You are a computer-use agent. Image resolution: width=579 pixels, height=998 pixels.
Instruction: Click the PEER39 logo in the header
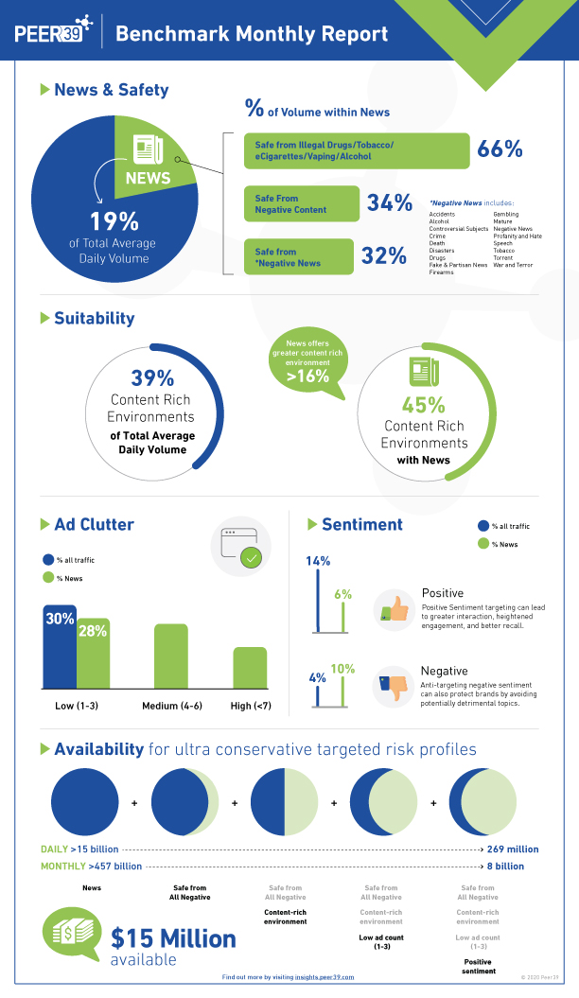[53, 32]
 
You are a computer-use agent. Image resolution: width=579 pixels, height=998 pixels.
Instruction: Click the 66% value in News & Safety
[500, 149]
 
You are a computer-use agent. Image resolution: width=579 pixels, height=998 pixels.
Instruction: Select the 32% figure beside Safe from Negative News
[384, 255]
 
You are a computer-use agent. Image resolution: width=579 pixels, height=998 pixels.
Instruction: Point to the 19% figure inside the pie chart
[114, 221]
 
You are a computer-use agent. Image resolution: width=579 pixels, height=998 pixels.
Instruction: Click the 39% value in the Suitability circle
[152, 378]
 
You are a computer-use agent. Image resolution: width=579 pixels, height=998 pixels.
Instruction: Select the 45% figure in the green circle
[423, 405]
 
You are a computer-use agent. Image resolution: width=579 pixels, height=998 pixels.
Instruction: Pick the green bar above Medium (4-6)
[171, 656]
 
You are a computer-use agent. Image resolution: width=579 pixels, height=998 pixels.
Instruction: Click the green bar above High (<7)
[250, 667]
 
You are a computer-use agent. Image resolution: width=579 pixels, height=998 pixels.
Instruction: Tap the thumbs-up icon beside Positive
[394, 610]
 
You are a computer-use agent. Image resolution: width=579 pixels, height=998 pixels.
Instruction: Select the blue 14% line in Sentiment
[318, 602]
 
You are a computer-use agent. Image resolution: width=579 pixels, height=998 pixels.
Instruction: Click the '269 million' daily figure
[512, 849]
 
